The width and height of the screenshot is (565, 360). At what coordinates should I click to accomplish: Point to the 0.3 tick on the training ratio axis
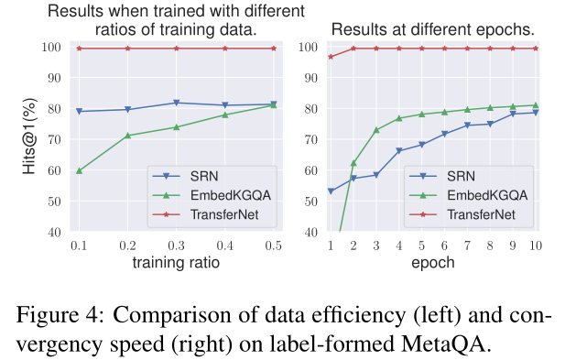[176, 245]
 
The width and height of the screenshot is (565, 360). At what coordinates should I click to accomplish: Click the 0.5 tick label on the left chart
[273, 245]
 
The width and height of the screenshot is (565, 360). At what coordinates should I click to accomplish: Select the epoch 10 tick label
[535, 245]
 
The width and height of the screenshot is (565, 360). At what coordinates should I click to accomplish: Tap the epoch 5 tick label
[421, 245]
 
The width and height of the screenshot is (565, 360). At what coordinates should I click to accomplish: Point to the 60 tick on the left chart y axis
[53, 170]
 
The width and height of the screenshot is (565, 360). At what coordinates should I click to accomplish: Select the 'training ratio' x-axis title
[176, 262]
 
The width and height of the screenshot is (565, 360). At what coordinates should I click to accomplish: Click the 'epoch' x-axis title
[432, 262]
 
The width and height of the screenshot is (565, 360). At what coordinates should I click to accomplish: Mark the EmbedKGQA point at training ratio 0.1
[80, 170]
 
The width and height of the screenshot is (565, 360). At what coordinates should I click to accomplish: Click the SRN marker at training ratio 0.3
[177, 103]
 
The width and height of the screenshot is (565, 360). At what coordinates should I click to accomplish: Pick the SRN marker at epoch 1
[331, 191]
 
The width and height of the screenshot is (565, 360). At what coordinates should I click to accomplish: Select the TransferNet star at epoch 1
[331, 57]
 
